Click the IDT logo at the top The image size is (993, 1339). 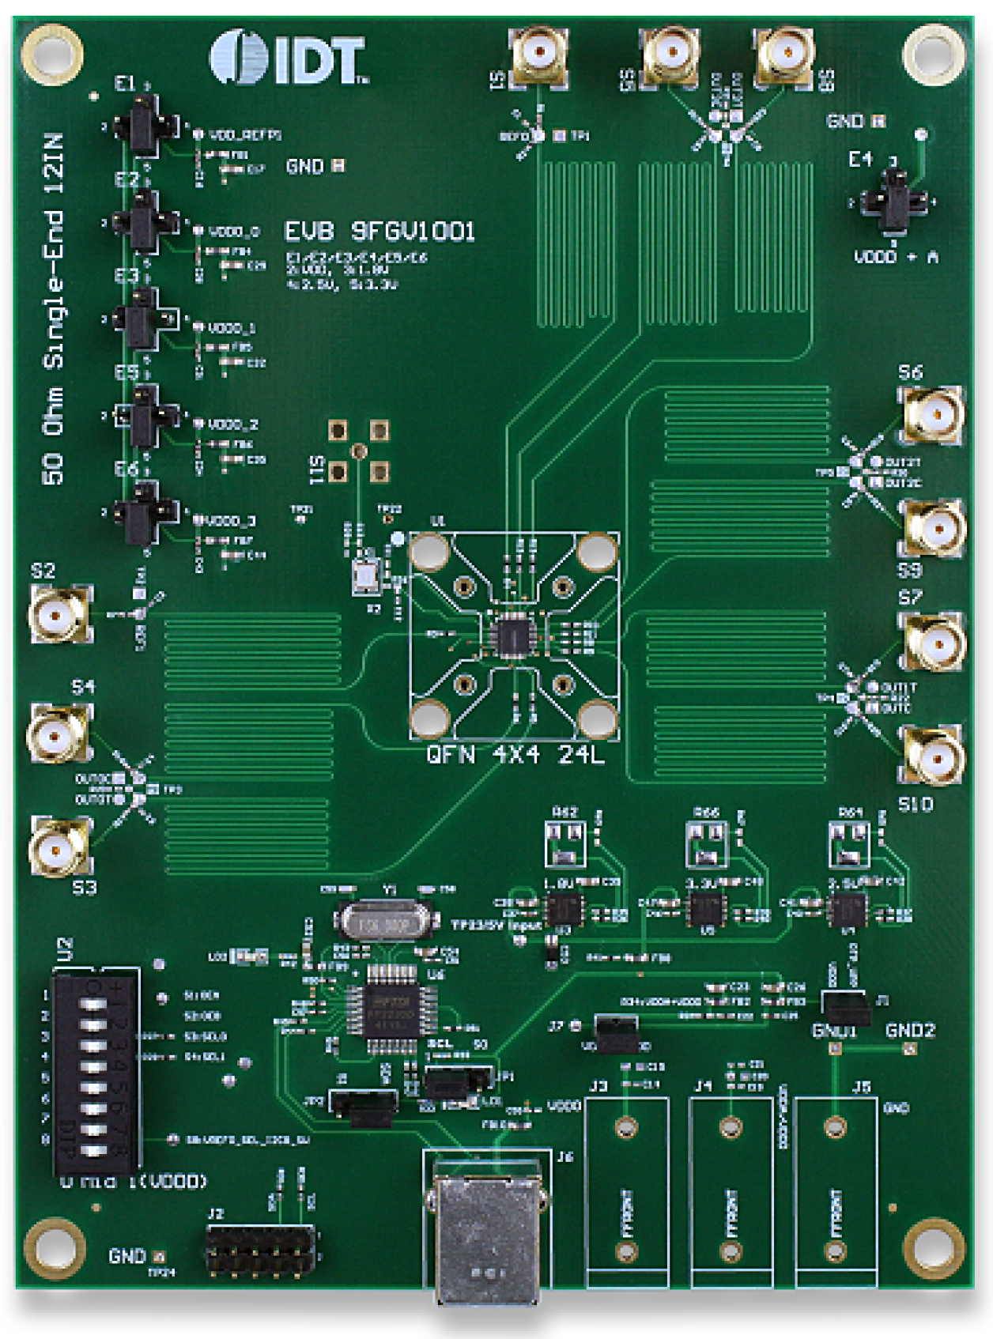click(289, 58)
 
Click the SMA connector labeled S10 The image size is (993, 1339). click(934, 756)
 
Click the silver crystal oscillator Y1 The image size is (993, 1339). click(385, 922)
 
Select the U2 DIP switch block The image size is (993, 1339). click(95, 1072)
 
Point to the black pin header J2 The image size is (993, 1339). click(262, 1251)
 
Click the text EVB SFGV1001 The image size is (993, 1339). click(379, 232)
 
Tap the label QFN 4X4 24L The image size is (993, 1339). click(515, 754)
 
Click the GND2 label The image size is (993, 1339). click(910, 1030)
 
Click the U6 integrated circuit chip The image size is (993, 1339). click(391, 1009)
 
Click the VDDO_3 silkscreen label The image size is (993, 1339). click(231, 521)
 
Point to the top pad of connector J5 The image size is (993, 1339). click(835, 1127)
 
